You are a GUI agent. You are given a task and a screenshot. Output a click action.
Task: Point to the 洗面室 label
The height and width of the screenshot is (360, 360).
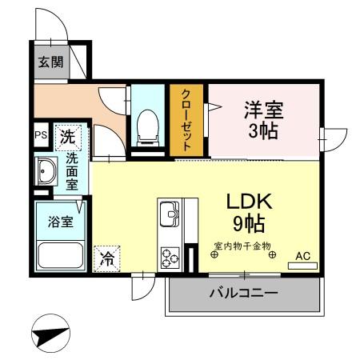(72, 171)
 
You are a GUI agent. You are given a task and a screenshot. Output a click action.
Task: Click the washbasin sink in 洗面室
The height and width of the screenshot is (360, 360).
(46, 170)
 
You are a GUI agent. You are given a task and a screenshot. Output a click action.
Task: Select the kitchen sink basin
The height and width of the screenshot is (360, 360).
(169, 214)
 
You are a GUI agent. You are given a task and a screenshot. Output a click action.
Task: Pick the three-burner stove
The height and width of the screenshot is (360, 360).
(170, 258)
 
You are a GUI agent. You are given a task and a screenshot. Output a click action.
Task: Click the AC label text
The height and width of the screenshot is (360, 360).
(302, 255)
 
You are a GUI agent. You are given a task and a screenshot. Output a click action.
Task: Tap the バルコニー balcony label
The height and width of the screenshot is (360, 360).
(244, 294)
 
